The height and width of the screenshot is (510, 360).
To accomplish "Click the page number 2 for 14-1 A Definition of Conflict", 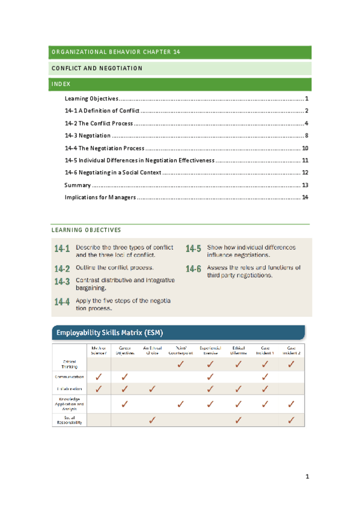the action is click(x=306, y=111).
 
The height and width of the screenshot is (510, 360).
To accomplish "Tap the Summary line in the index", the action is click(x=78, y=185).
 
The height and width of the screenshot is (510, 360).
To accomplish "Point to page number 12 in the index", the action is click(x=305, y=173).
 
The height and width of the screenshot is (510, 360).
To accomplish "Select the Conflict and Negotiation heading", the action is click(x=97, y=68).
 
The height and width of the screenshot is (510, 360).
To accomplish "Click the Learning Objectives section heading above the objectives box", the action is click(x=86, y=230).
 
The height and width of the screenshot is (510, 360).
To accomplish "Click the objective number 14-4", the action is click(x=62, y=302).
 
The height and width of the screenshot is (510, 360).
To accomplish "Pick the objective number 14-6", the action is click(x=194, y=269).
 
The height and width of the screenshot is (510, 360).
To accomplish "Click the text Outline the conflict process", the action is click(x=115, y=268).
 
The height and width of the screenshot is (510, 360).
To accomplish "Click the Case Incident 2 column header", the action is click(x=291, y=350).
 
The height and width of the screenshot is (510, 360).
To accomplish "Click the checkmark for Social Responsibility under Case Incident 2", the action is click(x=291, y=420).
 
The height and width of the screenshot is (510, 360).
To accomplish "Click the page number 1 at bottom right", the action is click(x=307, y=477).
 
